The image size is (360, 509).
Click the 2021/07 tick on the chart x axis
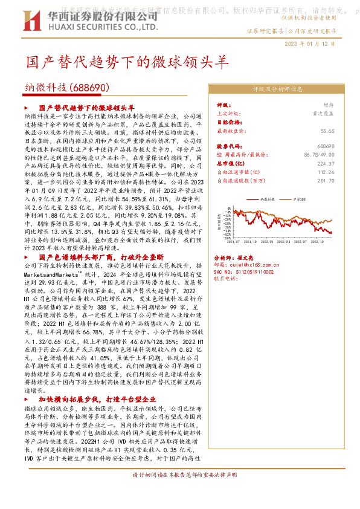coord(230,256)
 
